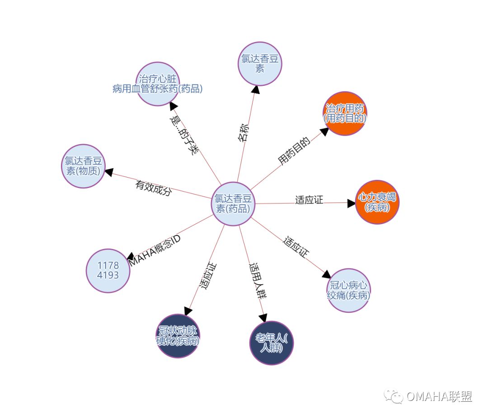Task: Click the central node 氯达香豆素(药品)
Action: (x=233, y=203)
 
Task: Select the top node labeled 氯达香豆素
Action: (x=260, y=64)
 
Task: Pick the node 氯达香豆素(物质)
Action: (x=83, y=166)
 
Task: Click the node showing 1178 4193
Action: (x=108, y=271)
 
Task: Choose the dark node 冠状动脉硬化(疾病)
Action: (x=178, y=336)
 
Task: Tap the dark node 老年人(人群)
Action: (x=272, y=343)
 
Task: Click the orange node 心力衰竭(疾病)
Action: (x=377, y=202)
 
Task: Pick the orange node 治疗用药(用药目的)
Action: (x=345, y=113)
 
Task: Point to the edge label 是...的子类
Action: (x=184, y=135)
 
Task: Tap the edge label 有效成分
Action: (x=154, y=188)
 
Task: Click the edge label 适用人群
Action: (x=257, y=281)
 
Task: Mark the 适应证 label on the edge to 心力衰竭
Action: (x=309, y=200)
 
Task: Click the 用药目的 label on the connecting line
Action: (x=294, y=151)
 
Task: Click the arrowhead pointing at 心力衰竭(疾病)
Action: (x=352, y=203)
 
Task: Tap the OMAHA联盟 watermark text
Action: (x=438, y=397)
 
